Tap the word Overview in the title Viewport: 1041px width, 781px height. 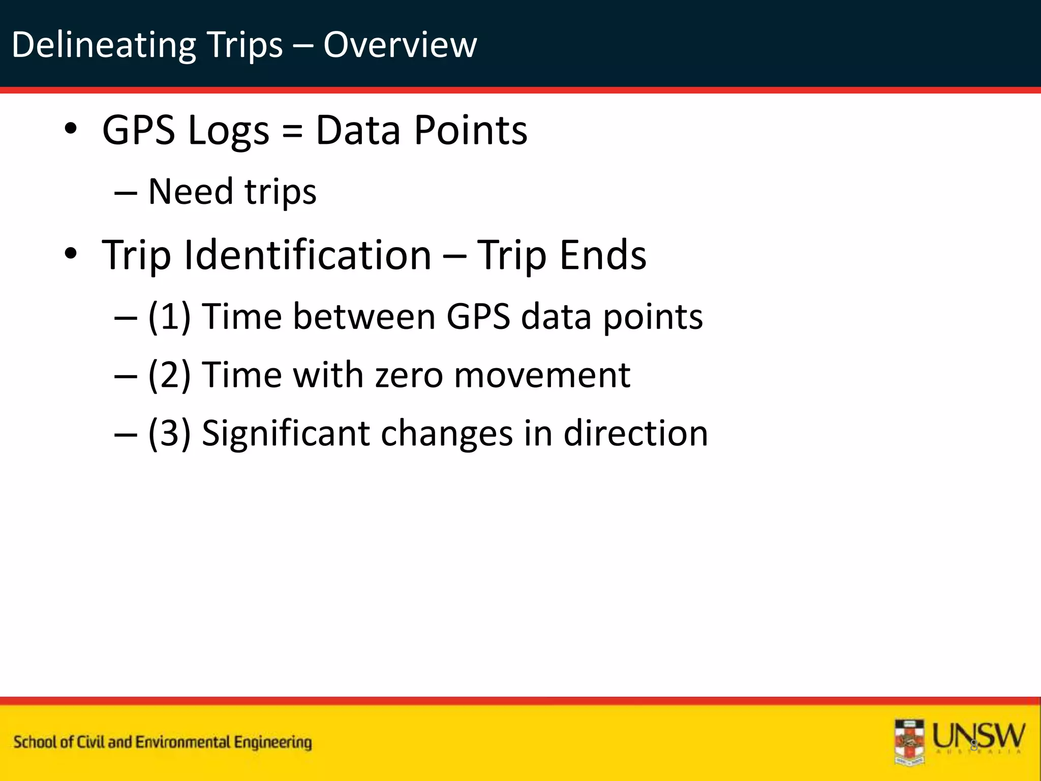pos(400,45)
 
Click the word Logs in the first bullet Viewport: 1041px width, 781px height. pos(228,131)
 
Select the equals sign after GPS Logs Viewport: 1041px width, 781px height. pos(292,131)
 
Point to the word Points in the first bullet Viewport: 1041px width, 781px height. pos(471,131)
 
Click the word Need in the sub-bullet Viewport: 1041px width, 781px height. pos(190,192)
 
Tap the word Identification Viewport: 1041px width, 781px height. pos(308,255)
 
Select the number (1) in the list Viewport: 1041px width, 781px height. pos(169,317)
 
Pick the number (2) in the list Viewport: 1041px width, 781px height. pos(169,375)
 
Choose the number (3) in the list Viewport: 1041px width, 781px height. pos(169,434)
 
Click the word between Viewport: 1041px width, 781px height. pos(363,317)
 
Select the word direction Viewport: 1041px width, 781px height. pos(635,434)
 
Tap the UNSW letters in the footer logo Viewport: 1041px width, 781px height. pos(978,735)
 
